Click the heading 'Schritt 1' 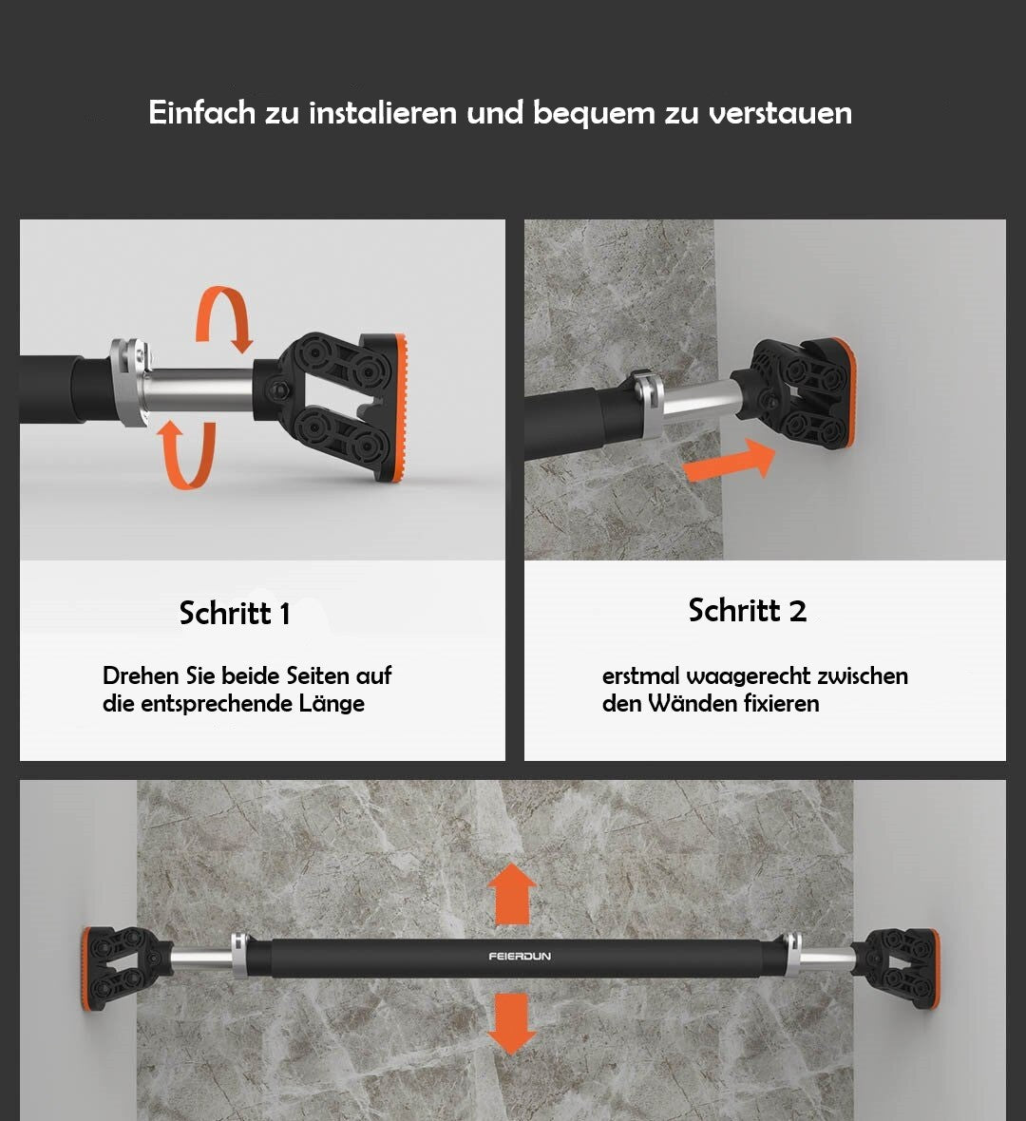coord(235,614)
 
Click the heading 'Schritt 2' coord(747,611)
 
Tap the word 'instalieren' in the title coord(383,113)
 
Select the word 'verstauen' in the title coord(780,113)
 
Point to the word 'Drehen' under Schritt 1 coord(141,675)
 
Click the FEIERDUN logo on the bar coord(520,957)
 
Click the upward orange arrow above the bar coord(511,894)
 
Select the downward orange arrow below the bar coord(511,1024)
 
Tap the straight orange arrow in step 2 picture coord(730,461)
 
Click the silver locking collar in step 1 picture coord(131,383)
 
